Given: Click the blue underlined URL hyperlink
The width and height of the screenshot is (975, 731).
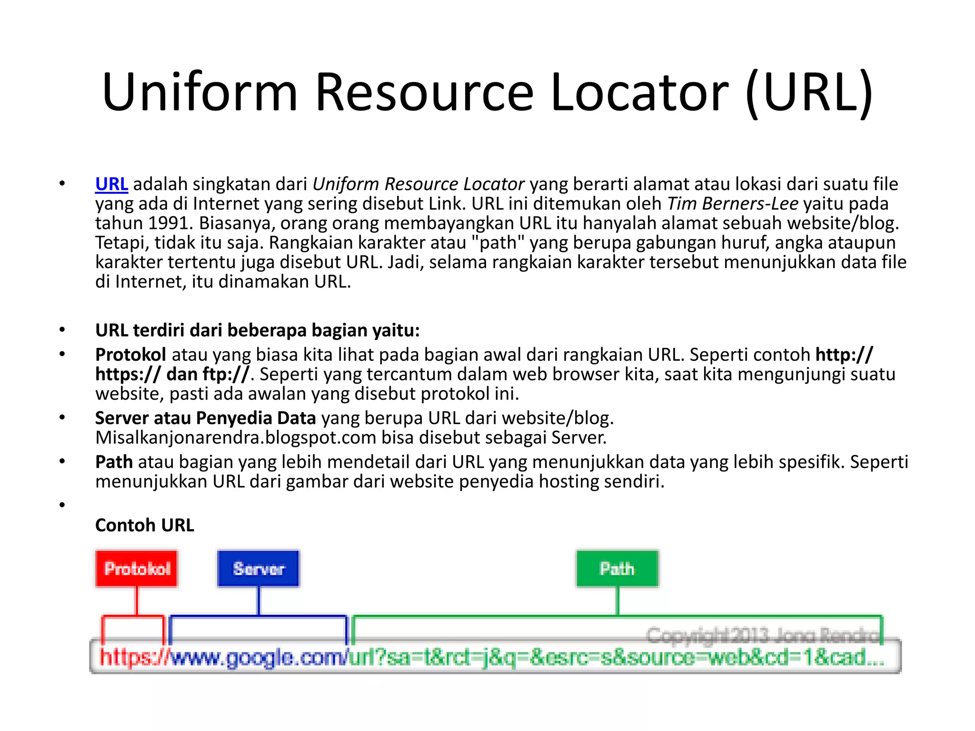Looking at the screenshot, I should (x=111, y=184).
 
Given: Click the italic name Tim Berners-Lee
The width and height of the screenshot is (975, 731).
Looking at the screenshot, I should (x=733, y=204).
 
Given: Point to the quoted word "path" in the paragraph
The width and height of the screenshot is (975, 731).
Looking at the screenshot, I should (x=497, y=243).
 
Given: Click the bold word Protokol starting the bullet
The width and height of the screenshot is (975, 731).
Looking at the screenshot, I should (x=130, y=355).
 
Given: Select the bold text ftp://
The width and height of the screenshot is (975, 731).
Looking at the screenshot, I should (x=226, y=375).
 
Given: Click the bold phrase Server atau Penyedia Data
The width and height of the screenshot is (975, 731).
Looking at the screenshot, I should (x=205, y=418).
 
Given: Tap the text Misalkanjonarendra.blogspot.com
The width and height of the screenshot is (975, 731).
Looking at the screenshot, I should (x=236, y=438).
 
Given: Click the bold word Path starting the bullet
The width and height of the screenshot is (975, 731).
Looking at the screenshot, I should (x=114, y=462).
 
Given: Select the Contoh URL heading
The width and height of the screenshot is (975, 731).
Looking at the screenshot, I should (x=145, y=525).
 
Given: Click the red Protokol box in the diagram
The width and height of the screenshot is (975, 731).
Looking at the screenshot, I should (x=137, y=569).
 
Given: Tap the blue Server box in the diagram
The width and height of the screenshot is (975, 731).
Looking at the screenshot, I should (x=259, y=569).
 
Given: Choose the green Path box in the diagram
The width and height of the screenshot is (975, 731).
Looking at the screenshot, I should (x=617, y=569).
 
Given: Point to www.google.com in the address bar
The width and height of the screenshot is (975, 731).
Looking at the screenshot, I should (x=257, y=658).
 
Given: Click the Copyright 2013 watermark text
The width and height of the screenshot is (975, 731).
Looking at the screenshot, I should (x=762, y=635).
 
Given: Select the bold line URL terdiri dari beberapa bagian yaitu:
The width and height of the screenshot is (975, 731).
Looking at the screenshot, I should (x=257, y=330).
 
